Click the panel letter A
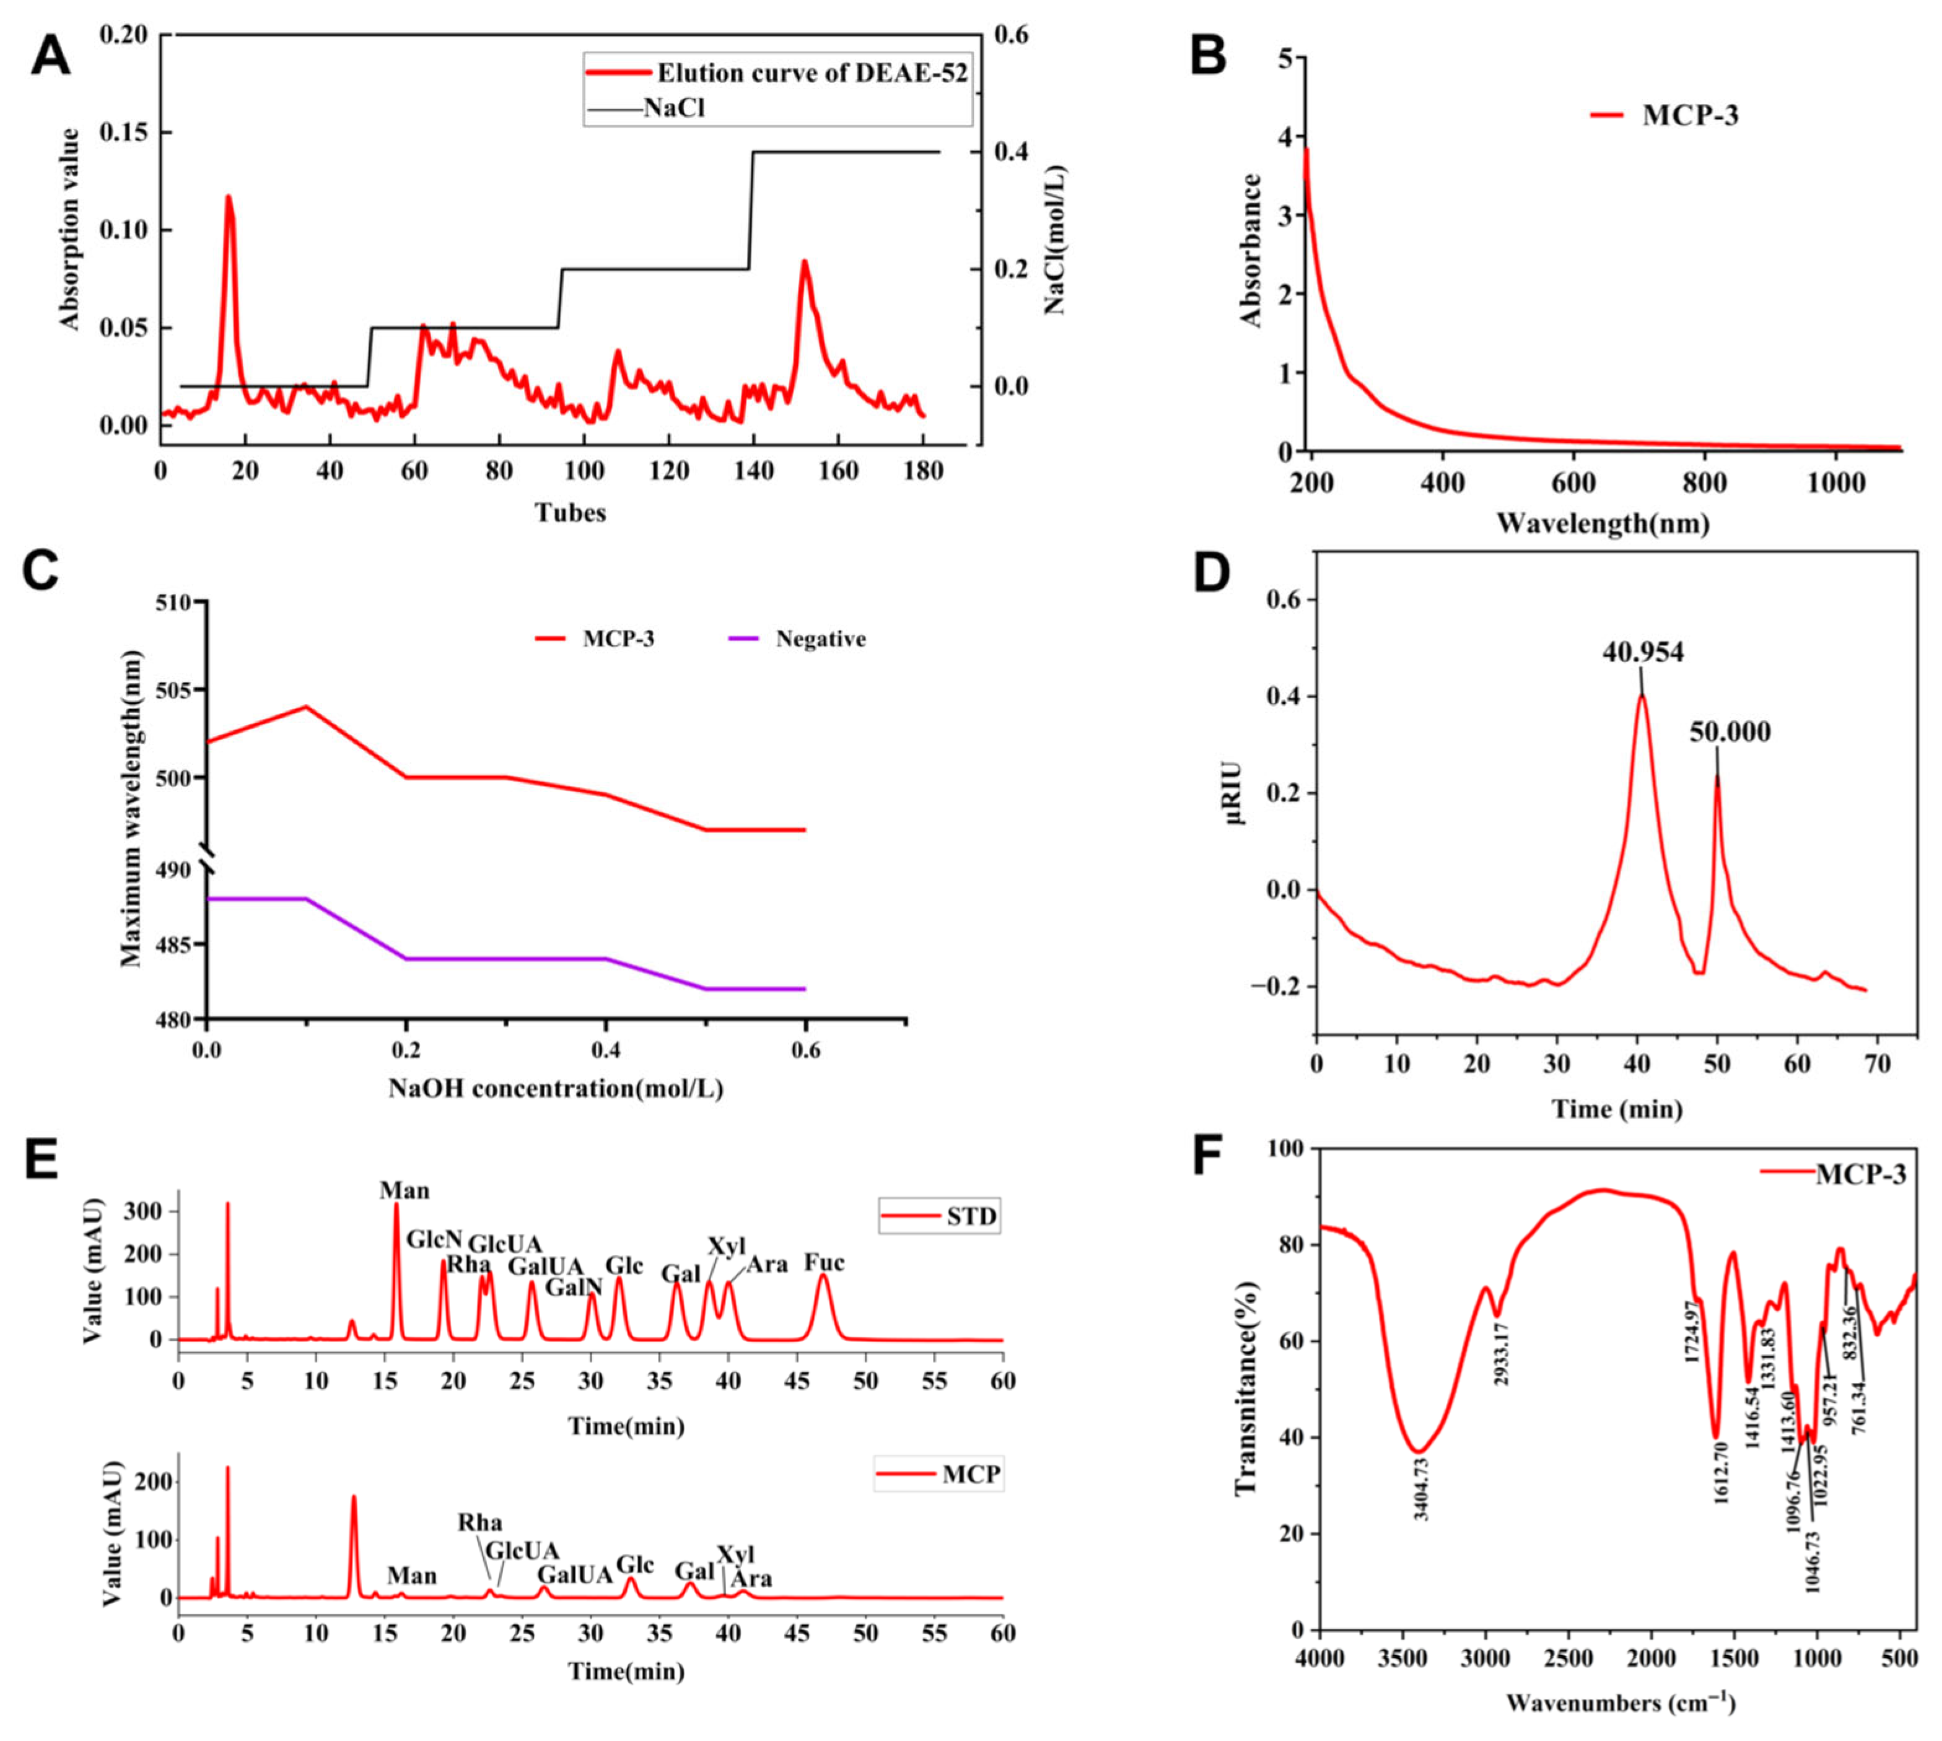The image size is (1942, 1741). [50, 56]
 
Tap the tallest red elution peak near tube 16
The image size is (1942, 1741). [228, 198]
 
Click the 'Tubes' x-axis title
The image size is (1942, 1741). [570, 513]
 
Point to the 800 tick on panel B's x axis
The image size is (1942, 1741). [1704, 483]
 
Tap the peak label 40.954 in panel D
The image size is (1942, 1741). [1643, 652]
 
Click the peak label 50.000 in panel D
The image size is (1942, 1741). [1729, 733]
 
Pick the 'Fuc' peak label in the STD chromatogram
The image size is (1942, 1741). [824, 1263]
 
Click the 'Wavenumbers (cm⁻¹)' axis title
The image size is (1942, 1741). [1620, 1703]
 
